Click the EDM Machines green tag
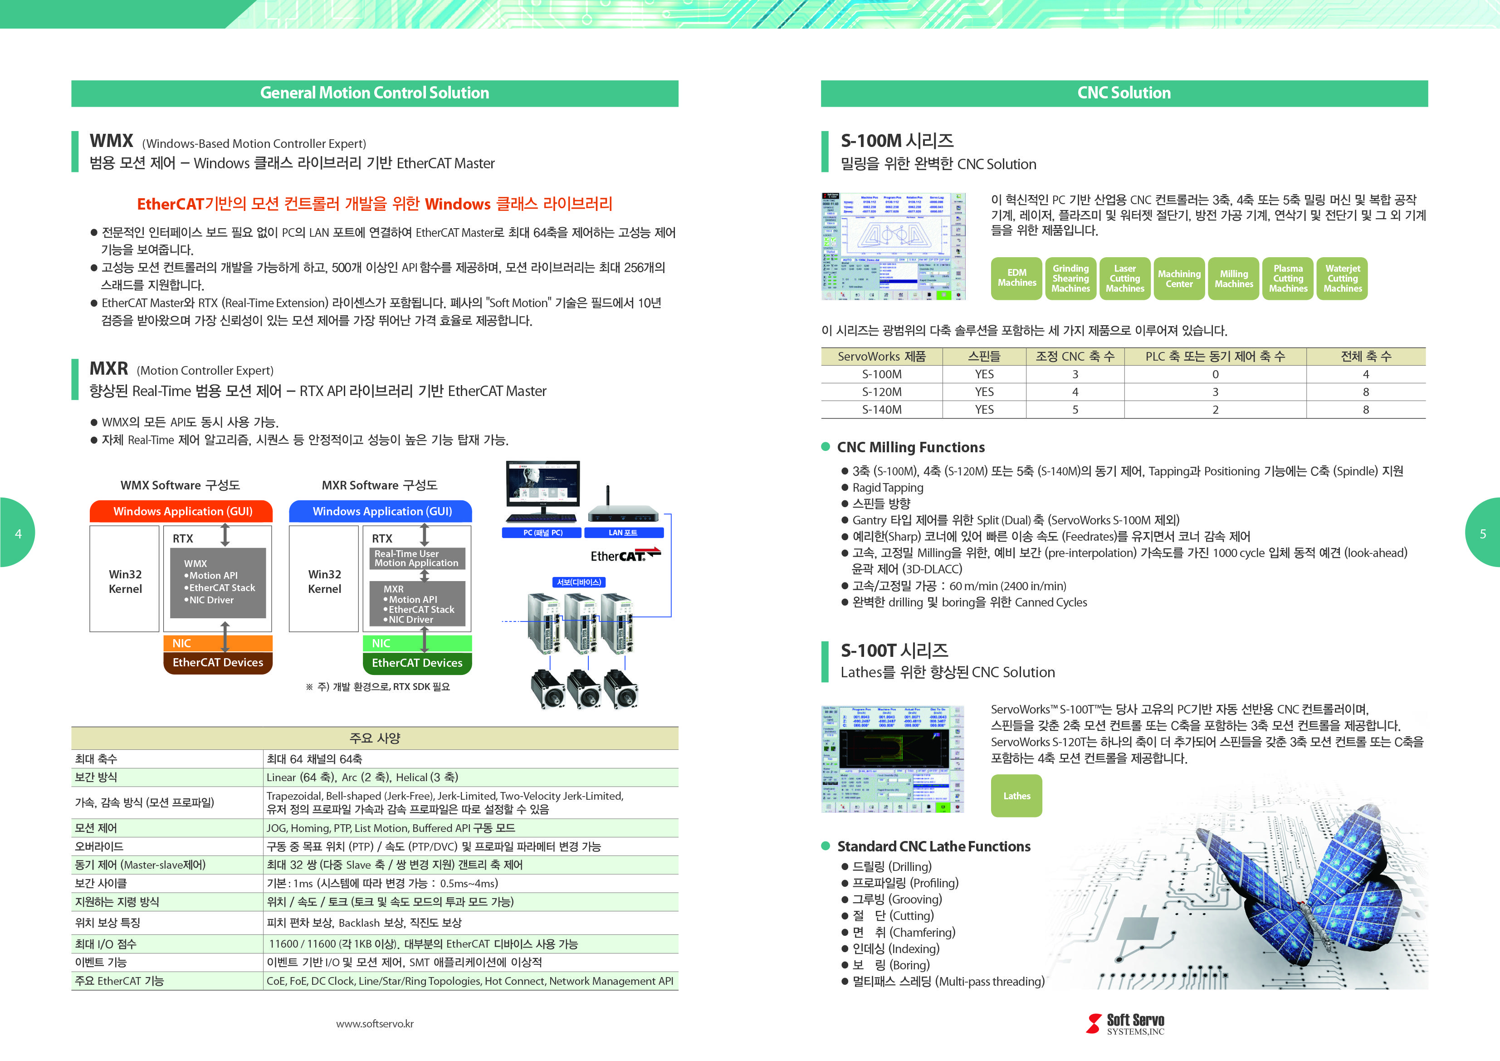[1016, 279]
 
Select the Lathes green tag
[1016, 796]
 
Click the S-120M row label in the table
[881, 392]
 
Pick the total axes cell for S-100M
[1365, 374]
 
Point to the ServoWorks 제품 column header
[881, 357]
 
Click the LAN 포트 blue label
[623, 533]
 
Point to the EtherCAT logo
[625, 555]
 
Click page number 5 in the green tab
[1483, 534]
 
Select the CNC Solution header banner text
[1124, 93]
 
